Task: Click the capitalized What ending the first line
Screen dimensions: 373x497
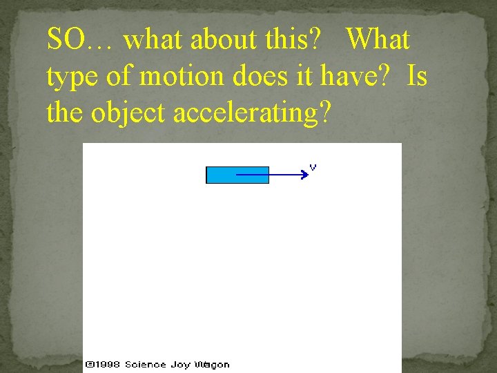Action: (378, 40)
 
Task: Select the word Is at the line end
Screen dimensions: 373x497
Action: (417, 76)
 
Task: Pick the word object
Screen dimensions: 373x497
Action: (128, 113)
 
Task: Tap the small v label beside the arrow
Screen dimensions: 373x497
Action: (313, 167)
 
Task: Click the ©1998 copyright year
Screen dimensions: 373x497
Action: (103, 364)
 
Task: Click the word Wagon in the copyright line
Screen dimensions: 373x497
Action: (212, 364)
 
